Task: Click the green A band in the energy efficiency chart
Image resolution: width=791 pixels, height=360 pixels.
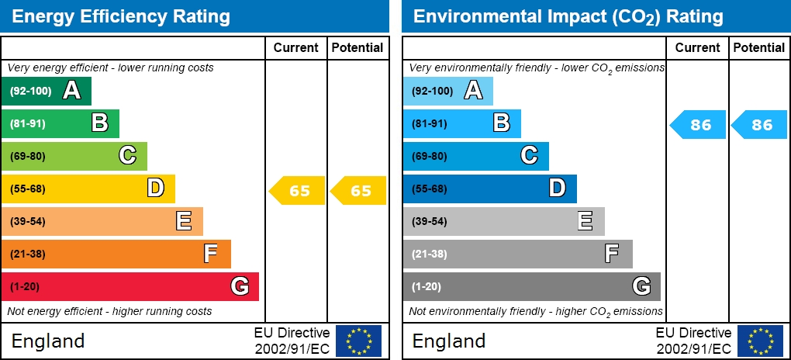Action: click(47, 92)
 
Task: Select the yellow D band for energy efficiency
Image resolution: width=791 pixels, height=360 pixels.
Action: click(88, 189)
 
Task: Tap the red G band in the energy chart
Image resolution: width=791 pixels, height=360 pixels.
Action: click(130, 286)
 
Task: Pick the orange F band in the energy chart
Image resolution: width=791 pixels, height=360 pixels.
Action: click(116, 254)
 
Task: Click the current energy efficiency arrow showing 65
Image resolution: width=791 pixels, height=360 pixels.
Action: click(297, 191)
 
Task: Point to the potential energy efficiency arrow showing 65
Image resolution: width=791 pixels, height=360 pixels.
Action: click(359, 191)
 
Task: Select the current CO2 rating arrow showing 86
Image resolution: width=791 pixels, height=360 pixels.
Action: click(699, 125)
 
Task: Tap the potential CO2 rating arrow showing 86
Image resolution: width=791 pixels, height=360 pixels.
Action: click(761, 125)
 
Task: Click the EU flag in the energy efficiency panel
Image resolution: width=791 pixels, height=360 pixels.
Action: click(358, 341)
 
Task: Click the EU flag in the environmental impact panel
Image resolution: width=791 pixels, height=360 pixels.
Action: click(760, 341)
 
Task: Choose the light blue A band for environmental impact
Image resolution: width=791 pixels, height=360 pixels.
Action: click(447, 92)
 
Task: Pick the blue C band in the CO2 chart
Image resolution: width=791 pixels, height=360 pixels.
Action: click(475, 156)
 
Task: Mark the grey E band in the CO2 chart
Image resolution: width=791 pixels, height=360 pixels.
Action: click(503, 221)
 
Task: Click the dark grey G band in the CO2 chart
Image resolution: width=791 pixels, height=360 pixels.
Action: click(531, 286)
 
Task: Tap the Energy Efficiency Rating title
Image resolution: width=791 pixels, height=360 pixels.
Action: click(121, 16)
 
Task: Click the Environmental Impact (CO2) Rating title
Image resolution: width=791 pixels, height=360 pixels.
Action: click(568, 16)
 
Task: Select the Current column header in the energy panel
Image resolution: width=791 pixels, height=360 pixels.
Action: click(296, 48)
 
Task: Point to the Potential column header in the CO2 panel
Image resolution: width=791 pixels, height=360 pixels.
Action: click(759, 48)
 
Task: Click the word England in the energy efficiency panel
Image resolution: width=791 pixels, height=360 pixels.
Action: click(48, 341)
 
